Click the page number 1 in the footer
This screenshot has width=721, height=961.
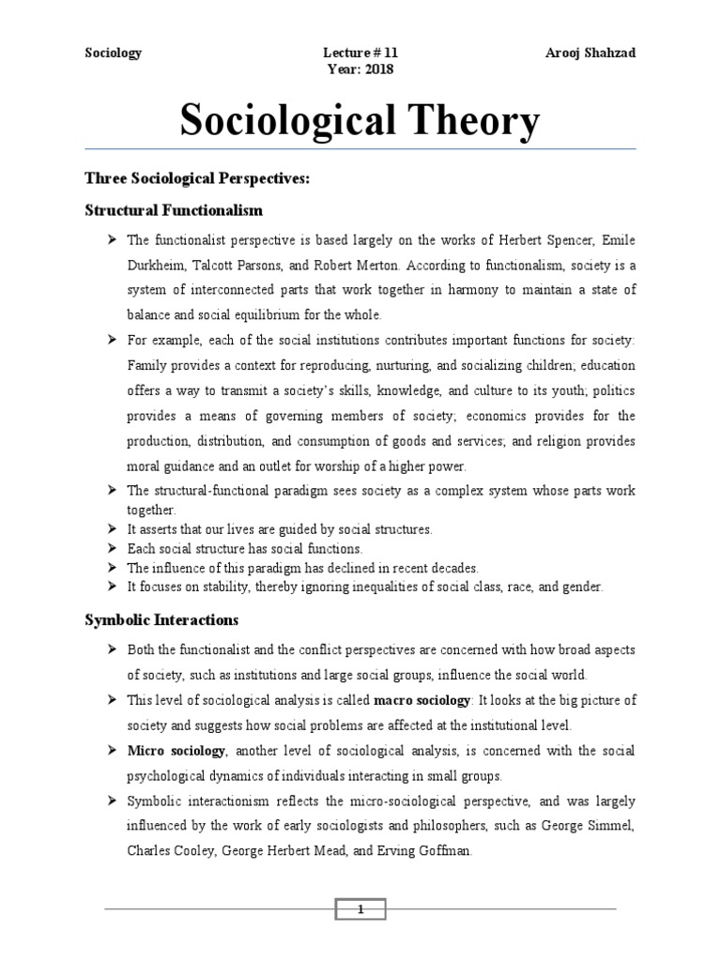[360, 908]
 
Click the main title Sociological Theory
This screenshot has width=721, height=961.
[360, 120]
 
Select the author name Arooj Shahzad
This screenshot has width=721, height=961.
[591, 53]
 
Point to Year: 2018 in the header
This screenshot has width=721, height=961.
[360, 69]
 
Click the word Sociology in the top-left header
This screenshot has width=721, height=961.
[113, 53]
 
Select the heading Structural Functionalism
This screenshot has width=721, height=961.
[174, 209]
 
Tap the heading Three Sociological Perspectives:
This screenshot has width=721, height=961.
[197, 178]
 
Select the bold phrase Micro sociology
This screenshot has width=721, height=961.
[176, 751]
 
